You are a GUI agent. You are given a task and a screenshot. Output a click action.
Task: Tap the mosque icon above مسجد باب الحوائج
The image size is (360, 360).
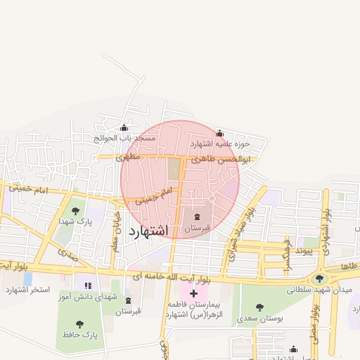pyautogui.click(x=124, y=128)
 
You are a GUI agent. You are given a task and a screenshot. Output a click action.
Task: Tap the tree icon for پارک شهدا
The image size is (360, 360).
pyautogui.click(x=75, y=210)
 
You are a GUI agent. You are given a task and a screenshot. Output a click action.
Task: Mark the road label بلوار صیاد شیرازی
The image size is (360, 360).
pyautogui.click(x=238, y=235)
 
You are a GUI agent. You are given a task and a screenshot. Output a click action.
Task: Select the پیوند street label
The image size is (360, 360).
pyautogui.click(x=309, y=250)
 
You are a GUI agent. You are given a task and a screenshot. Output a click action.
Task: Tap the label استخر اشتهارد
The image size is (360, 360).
pyautogui.click(x=25, y=290)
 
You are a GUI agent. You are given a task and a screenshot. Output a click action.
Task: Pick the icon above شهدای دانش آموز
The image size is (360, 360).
pyautogui.click(x=88, y=285)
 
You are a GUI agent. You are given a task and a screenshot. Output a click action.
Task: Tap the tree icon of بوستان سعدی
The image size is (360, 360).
pyautogui.click(x=259, y=307)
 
